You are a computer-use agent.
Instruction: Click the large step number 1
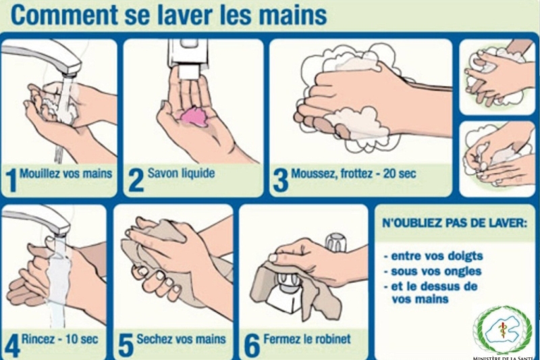point(11,180)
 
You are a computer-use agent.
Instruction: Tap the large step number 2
point(136,180)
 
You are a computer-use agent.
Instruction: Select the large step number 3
point(280,180)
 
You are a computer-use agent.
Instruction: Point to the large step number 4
point(11,346)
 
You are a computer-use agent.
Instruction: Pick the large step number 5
point(126,346)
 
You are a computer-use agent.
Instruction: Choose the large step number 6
point(252,346)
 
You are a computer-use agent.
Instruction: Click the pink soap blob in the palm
point(194,117)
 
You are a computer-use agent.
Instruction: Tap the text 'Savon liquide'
point(181,173)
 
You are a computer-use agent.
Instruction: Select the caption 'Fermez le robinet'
point(307,339)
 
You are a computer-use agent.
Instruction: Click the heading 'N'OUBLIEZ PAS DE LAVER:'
point(454,224)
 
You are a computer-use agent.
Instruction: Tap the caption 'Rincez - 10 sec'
point(59,339)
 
